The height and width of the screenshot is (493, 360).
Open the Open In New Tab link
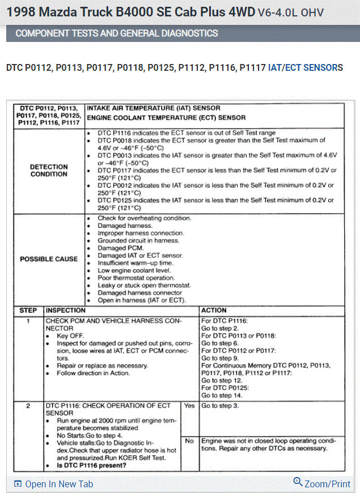(x=58, y=484)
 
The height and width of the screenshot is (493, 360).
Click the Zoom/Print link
(x=327, y=484)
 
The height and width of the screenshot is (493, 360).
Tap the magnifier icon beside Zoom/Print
(x=298, y=482)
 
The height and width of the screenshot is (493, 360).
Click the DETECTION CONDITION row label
(x=49, y=171)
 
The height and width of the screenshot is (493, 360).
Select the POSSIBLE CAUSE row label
(x=49, y=259)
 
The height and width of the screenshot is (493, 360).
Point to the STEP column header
(x=28, y=311)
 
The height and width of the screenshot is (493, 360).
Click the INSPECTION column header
(x=66, y=311)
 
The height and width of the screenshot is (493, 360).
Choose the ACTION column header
(x=214, y=311)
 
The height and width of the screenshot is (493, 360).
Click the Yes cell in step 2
(x=189, y=406)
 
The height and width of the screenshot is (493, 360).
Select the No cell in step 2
(x=189, y=440)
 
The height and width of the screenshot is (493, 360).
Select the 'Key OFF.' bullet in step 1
(x=71, y=336)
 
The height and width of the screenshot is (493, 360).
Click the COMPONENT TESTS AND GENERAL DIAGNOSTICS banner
(x=117, y=33)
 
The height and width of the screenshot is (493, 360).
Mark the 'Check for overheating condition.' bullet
(x=145, y=218)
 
